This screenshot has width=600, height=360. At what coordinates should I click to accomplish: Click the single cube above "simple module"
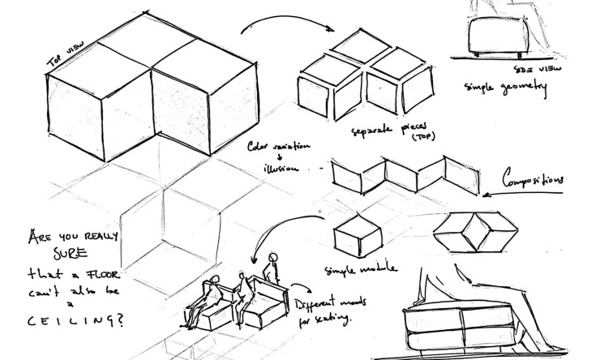coord(357,235)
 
